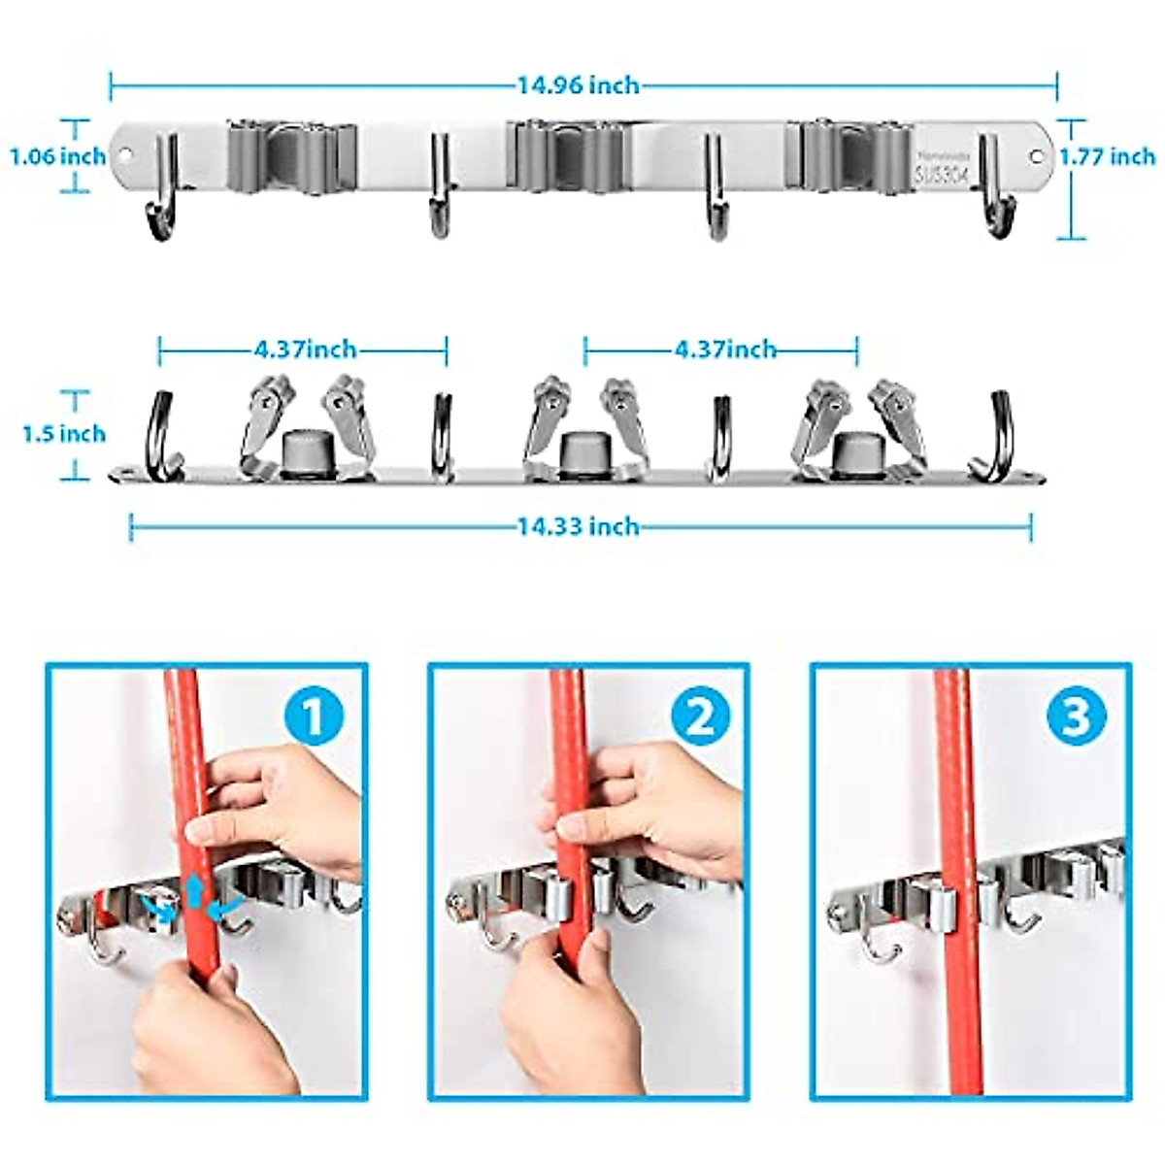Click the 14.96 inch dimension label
[578, 85]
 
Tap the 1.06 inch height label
[57, 156]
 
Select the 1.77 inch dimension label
[1107, 156]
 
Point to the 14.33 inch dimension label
[578, 526]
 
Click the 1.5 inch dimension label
[64, 433]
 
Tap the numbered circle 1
[314, 718]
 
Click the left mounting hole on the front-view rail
[124, 155]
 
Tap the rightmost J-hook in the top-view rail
[999, 437]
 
